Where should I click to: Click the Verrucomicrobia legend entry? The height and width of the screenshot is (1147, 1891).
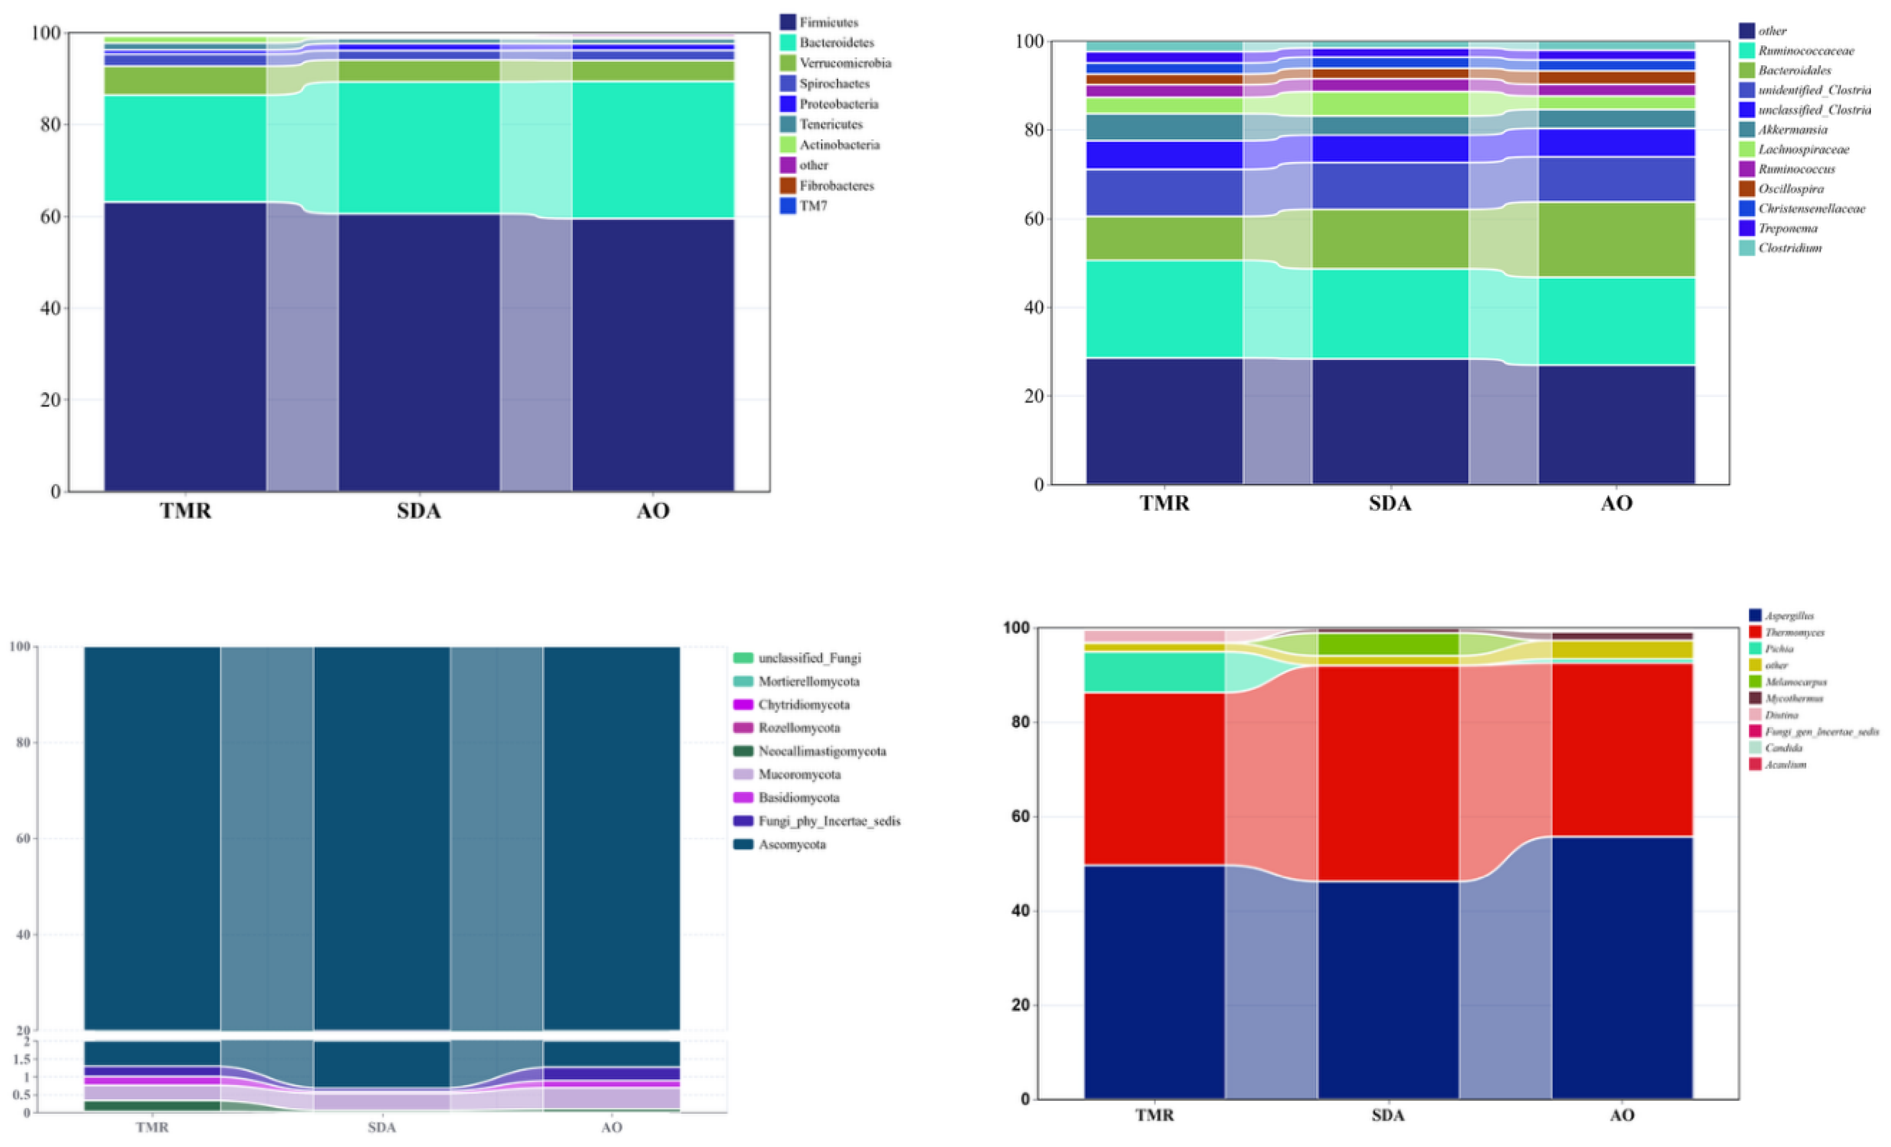[x=844, y=63]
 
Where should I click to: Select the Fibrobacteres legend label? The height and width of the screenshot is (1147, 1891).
[x=836, y=186]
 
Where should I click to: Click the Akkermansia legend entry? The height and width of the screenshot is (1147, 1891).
[x=1793, y=130]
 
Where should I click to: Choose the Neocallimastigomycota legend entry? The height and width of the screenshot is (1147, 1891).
[x=821, y=751]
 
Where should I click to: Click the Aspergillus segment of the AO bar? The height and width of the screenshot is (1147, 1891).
[x=1622, y=968]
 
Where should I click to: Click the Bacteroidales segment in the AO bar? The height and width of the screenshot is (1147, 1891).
[x=1616, y=239]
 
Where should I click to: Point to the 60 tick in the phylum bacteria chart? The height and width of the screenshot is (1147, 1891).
[x=50, y=216]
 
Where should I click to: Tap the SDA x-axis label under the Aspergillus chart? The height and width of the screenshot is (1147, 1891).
[x=1388, y=1115]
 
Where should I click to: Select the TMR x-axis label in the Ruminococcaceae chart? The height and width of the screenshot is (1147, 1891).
[x=1164, y=504]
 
